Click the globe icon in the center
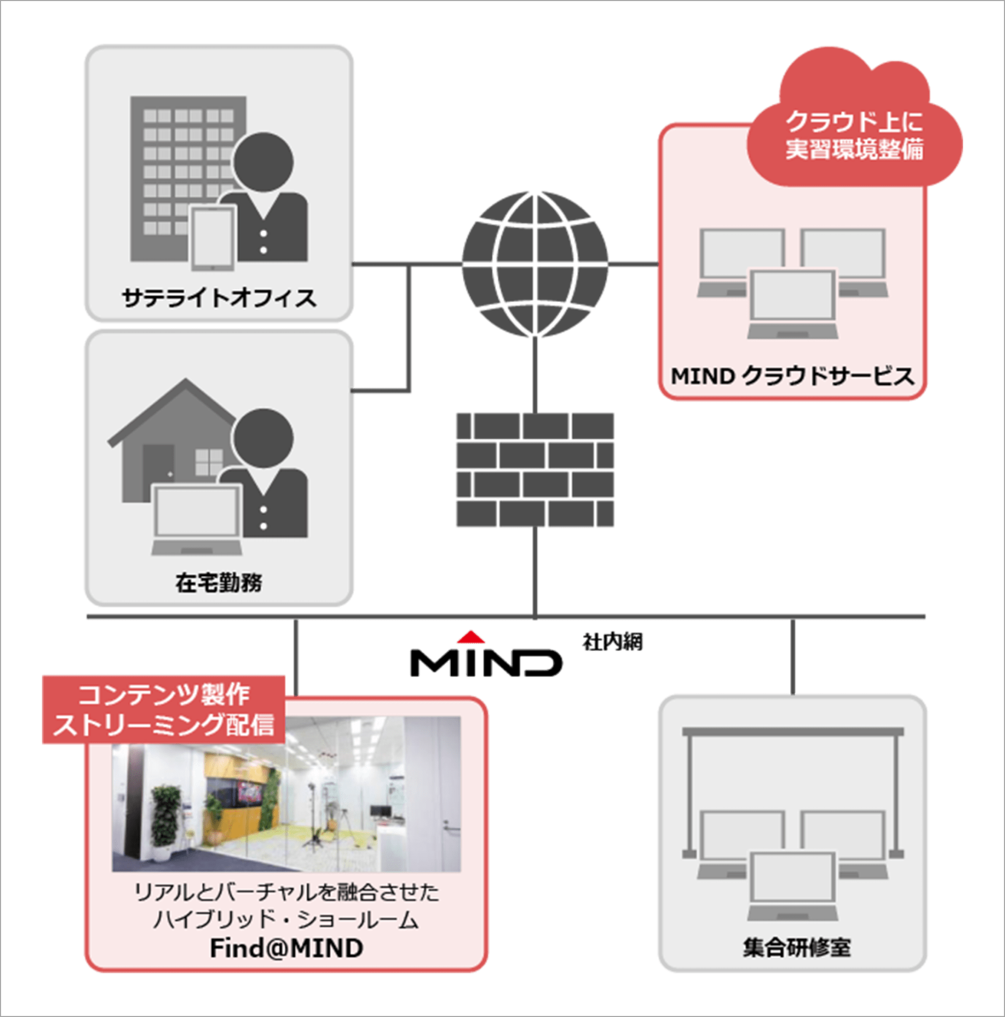[x=534, y=264]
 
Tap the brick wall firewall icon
[x=534, y=470]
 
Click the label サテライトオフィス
[x=219, y=298]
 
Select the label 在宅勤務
[x=219, y=583]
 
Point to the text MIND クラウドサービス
[x=792, y=376]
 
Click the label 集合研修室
[x=797, y=947]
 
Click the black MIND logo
[x=486, y=662]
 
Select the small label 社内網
[x=611, y=642]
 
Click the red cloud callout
[x=854, y=132]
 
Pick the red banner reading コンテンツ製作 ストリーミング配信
[x=164, y=709]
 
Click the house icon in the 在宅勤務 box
[x=174, y=442]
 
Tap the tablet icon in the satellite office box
[x=213, y=238]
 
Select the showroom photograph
[x=286, y=794]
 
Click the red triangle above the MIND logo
[x=471, y=637]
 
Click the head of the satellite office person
[x=263, y=162]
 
